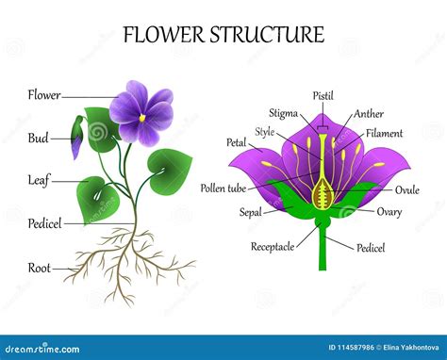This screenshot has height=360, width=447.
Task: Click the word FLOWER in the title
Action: click(164, 36)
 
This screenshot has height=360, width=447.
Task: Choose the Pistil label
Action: click(323, 96)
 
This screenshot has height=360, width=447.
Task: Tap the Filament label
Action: click(384, 134)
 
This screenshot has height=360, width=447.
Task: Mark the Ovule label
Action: click(406, 189)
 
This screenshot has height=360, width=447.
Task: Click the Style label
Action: click(265, 132)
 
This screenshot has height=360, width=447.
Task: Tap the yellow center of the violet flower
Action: click(142, 118)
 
